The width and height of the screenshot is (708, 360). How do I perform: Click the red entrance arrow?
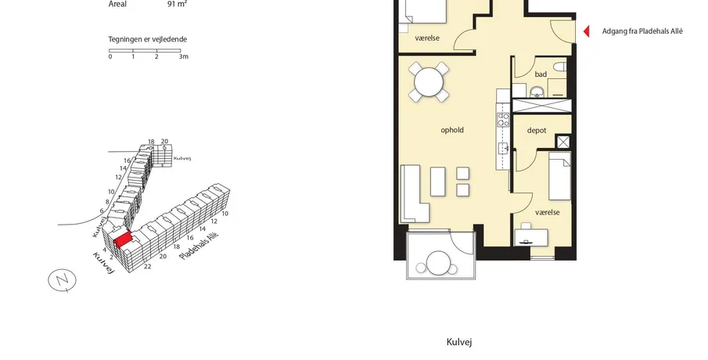(x=587, y=31)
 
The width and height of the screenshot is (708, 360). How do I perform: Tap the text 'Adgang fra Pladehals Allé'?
(x=642, y=31)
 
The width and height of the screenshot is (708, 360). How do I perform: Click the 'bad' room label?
(x=541, y=74)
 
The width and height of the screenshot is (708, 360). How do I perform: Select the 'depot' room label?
(x=537, y=130)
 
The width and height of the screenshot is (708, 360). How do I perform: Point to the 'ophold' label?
(x=452, y=130)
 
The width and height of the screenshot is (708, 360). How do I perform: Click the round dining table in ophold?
(x=429, y=82)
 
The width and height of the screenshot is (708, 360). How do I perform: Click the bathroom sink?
(x=537, y=92)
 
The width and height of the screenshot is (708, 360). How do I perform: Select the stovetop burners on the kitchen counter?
(x=503, y=121)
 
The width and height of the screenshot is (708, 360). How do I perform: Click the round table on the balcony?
(x=437, y=262)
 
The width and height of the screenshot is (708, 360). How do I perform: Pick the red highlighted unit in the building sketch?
(x=122, y=239)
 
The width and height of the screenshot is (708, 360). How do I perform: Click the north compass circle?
(x=62, y=280)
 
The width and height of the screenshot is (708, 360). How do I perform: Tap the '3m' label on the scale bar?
(x=183, y=56)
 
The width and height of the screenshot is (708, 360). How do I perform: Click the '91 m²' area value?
(x=177, y=5)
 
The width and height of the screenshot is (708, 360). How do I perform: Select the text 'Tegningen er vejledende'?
(x=147, y=39)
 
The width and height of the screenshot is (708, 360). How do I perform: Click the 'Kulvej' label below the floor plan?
(x=459, y=342)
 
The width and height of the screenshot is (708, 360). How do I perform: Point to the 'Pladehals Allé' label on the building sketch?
(x=196, y=247)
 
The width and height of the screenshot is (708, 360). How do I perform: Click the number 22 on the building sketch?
(x=147, y=267)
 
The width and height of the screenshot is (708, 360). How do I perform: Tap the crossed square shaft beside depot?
(x=563, y=142)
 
